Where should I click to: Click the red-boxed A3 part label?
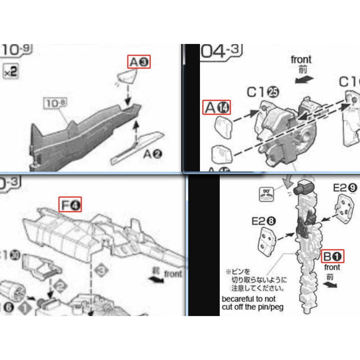[x=139, y=62]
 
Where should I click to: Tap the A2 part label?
[x=153, y=154]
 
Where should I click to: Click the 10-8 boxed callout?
[x=54, y=104]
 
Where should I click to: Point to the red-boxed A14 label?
[x=217, y=108]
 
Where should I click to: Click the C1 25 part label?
[x=262, y=92]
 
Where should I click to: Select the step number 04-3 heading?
[x=221, y=52]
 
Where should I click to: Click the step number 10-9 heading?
[x=16, y=51]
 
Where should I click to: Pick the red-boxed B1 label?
[x=333, y=256]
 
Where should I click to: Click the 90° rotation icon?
[x=266, y=193]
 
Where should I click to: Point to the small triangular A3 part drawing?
[x=127, y=77]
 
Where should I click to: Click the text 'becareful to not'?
[x=249, y=299]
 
